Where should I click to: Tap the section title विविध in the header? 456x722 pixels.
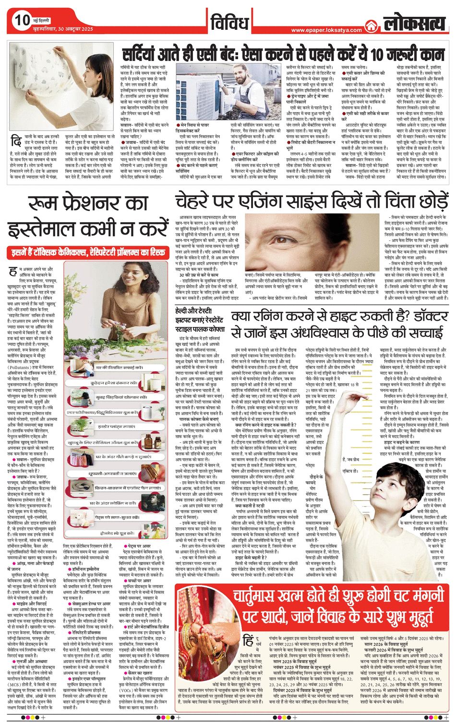click(229, 22)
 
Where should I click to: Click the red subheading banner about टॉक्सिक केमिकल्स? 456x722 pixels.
click(87, 251)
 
